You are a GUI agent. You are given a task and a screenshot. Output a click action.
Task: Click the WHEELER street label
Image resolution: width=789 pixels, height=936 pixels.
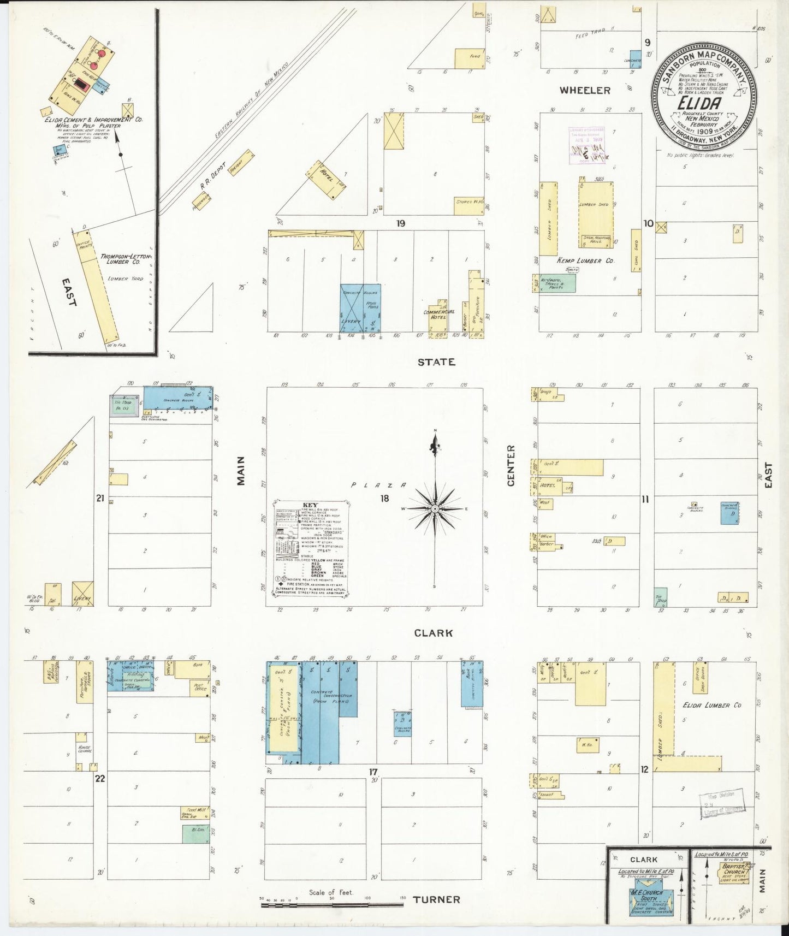point(585,90)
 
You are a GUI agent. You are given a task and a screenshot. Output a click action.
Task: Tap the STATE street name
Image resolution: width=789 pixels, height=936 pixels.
point(436,362)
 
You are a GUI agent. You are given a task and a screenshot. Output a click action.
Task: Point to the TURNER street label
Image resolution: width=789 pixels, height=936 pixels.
point(436,899)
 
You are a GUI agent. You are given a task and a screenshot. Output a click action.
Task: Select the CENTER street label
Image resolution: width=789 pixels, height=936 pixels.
point(511,465)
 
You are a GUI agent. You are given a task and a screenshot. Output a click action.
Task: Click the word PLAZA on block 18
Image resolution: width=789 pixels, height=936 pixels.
point(378,485)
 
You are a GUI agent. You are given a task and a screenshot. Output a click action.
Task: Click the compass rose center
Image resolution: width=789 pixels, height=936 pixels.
point(435,509)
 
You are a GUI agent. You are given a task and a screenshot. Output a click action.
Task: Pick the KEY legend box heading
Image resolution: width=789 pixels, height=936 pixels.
point(310,505)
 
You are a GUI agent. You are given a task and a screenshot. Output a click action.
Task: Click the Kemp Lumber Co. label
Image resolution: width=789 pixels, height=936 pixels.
point(585,260)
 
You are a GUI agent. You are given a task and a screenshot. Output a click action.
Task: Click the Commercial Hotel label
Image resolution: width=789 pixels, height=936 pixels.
point(438,315)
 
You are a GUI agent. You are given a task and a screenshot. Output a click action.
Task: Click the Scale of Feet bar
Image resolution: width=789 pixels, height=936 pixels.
point(332,905)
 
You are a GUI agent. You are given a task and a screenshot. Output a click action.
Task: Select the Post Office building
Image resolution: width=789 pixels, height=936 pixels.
point(200,688)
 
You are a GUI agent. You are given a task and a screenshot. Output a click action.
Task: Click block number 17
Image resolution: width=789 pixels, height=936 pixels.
point(373,772)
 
